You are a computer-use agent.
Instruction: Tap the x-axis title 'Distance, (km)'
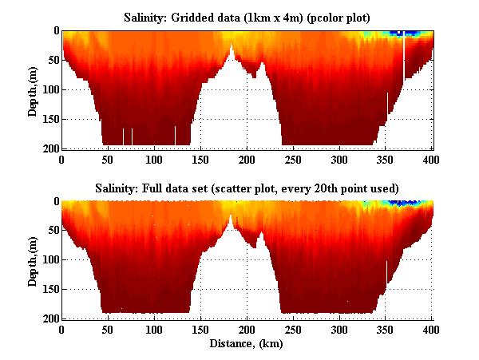click(x=247, y=344)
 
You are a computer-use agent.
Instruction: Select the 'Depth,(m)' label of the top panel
click(x=33, y=89)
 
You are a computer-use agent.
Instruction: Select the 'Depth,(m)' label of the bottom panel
click(x=33, y=260)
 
